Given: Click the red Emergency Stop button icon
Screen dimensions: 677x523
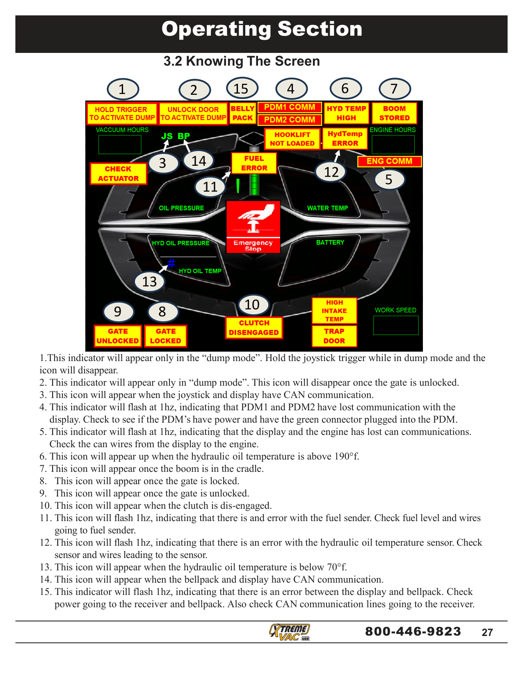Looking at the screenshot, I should (253, 226).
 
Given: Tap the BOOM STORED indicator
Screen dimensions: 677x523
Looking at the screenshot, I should (394, 113).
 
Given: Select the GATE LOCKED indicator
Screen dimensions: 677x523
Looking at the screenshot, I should (165, 336).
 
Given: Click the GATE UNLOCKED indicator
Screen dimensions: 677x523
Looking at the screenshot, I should (118, 336).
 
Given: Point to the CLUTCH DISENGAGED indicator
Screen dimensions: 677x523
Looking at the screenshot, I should (254, 328).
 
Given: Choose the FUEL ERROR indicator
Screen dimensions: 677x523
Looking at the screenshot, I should (254, 163).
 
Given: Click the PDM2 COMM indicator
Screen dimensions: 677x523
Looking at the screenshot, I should (290, 120).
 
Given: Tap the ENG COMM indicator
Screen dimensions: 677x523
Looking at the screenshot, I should (389, 161).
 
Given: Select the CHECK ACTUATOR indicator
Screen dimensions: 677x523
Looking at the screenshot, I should (118, 174).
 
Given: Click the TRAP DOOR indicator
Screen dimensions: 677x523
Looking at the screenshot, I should (334, 336).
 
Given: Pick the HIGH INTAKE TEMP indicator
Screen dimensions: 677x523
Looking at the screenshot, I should (334, 311).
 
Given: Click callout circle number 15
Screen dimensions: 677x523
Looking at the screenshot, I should (242, 89).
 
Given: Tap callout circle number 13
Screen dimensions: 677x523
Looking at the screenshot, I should (149, 281).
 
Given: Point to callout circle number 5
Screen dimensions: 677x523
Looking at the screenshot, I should (389, 180).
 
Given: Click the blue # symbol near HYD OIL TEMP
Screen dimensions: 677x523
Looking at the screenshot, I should (171, 263).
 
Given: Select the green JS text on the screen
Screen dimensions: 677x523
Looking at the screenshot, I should (167, 136).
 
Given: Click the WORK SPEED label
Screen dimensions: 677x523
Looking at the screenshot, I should (395, 310).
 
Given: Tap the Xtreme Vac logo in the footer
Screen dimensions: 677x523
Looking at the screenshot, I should (290, 632).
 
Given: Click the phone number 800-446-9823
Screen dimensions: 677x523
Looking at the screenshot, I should (413, 631).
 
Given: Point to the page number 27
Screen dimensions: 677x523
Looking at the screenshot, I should (487, 632).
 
